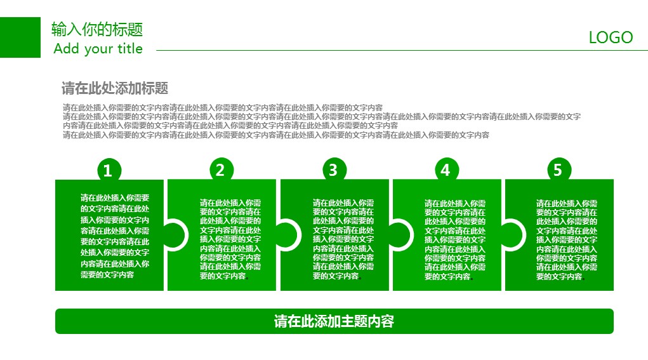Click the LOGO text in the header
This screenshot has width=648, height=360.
click(611, 37)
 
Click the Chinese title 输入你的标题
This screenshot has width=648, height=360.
click(97, 29)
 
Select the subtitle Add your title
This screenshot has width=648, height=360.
click(98, 49)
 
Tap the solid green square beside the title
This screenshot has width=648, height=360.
click(20, 37)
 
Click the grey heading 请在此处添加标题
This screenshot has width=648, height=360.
click(115, 88)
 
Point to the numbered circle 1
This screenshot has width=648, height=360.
click(109, 170)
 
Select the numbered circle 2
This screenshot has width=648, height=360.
click(222, 170)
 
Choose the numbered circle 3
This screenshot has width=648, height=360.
click(334, 170)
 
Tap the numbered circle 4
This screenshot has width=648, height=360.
click(447, 170)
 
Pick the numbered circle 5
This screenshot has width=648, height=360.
click(559, 170)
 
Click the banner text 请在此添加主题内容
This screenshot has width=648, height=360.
click(334, 321)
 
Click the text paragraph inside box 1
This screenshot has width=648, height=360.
click(115, 236)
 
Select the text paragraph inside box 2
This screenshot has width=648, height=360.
click(230, 239)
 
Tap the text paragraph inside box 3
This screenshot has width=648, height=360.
click(343, 239)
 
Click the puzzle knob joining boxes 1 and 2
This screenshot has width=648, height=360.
click(176, 235)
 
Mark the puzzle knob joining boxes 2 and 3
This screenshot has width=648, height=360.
click(288, 235)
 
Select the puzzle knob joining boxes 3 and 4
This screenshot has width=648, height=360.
click(401, 235)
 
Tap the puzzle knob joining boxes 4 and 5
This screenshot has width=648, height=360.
click(513, 235)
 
